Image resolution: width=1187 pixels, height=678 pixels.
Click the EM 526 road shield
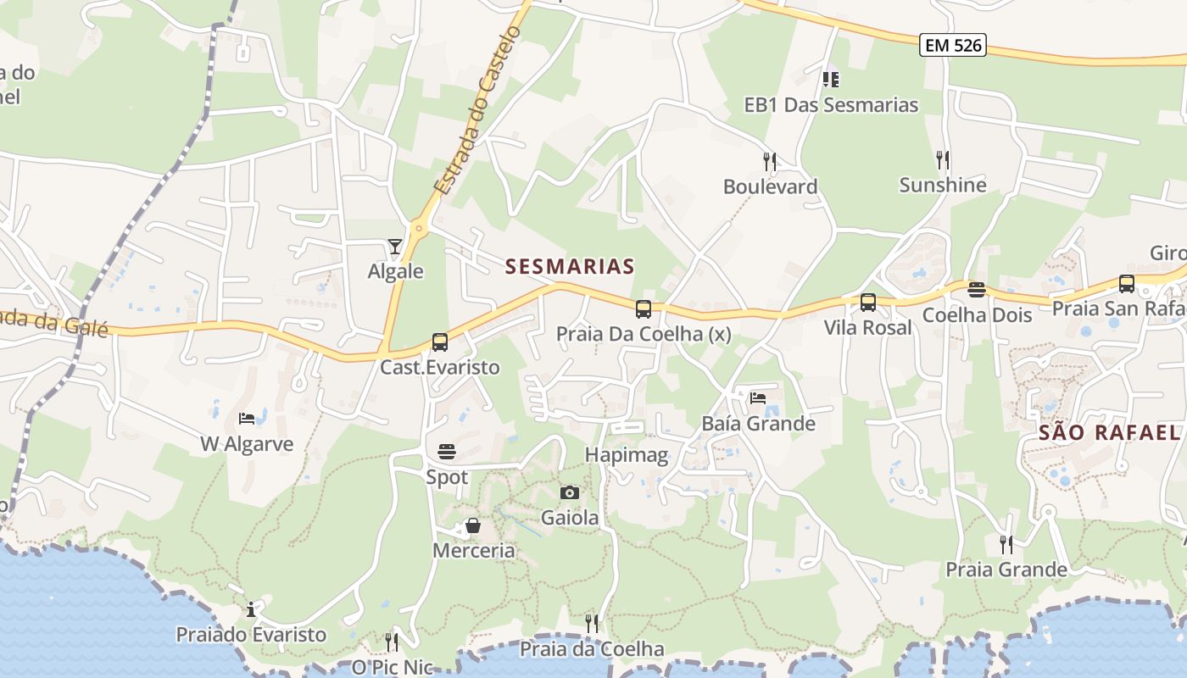coord(953,45)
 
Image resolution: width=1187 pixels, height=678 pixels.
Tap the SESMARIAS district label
coord(570,266)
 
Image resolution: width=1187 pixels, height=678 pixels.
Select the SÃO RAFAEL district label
coord(1110,433)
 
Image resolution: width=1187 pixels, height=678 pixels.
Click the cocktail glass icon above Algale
coord(395,247)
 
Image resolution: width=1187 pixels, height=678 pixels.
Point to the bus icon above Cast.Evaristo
coord(439,342)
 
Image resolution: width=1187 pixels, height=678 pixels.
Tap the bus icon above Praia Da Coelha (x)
coord(643,308)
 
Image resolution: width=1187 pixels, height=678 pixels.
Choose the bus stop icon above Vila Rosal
coord(867,303)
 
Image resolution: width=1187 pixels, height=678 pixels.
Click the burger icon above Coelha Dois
coord(977,290)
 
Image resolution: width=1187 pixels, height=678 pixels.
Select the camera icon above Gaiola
coord(570,492)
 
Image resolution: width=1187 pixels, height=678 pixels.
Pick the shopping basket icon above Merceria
coord(473,526)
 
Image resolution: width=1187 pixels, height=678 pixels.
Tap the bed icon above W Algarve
coord(247,419)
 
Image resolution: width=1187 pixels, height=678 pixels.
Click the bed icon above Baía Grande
coord(758,397)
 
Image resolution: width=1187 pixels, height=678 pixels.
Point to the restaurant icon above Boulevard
coord(769,160)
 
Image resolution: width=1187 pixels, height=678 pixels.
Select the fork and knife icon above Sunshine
coord(942,159)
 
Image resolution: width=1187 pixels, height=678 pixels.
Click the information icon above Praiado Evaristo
coord(250,609)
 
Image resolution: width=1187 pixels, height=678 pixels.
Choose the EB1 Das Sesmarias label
coord(831,105)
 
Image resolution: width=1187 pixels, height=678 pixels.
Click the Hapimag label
coord(627,455)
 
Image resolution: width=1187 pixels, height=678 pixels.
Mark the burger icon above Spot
coord(447,452)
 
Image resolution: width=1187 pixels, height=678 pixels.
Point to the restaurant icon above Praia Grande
coord(1006,544)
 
